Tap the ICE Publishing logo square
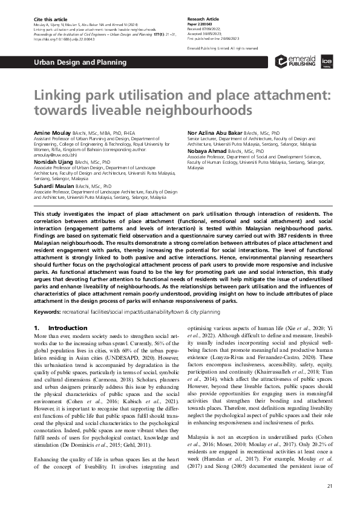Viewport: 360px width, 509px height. pyautogui.click(x=324, y=62)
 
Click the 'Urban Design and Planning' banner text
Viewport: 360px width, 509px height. pyautogui.click(x=79, y=62)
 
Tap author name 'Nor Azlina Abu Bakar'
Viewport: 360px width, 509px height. pyautogui.click(x=217, y=131)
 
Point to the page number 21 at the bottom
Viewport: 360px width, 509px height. pyautogui.click(x=329, y=486)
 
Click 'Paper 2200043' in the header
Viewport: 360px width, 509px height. pyautogui.click(x=201, y=24)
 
